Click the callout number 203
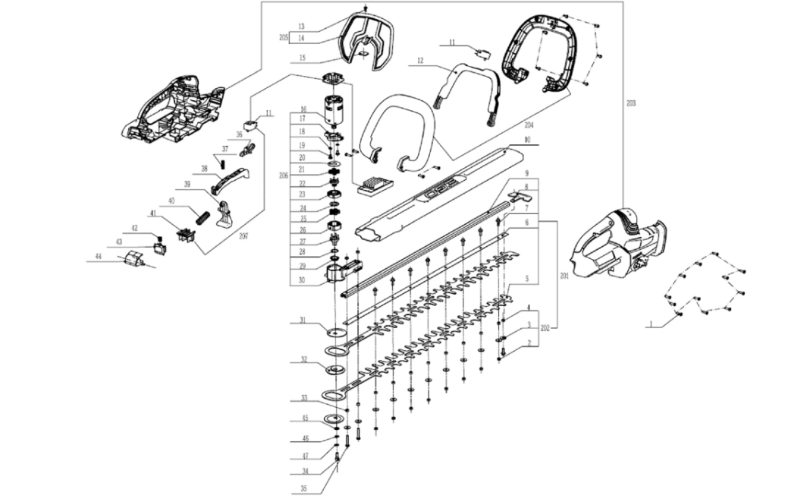coord(630,102)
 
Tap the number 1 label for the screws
coord(651,324)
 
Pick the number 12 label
coord(419,59)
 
